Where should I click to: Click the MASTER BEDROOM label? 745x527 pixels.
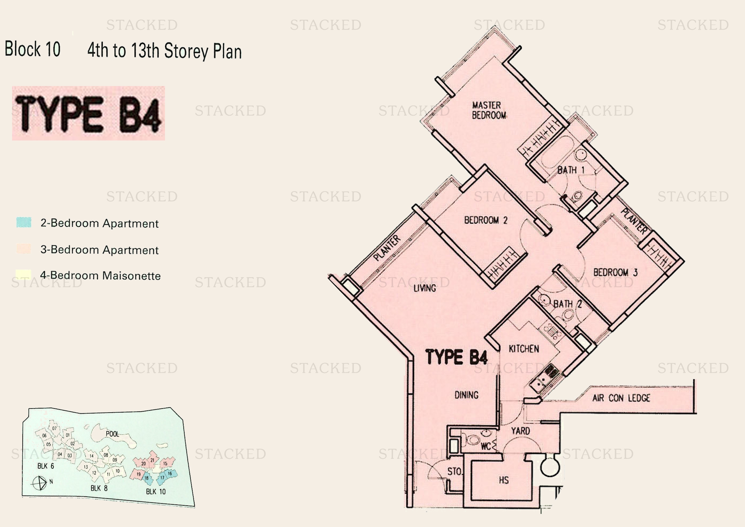click(x=489, y=110)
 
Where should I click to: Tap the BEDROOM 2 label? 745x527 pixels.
click(x=485, y=220)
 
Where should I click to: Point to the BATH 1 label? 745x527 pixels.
click(x=571, y=170)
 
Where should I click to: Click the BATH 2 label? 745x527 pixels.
click(x=567, y=304)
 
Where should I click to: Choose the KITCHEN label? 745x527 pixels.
click(x=524, y=349)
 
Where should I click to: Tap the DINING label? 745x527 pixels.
click(x=466, y=395)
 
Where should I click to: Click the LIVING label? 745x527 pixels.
click(x=424, y=288)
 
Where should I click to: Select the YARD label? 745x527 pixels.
click(x=520, y=431)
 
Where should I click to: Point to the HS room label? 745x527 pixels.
click(x=504, y=480)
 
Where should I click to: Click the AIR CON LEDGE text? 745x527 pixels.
click(x=621, y=398)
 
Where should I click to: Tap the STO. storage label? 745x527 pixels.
click(x=454, y=472)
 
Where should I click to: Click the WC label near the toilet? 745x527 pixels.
click(x=485, y=446)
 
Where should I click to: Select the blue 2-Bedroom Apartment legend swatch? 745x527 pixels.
click(x=24, y=223)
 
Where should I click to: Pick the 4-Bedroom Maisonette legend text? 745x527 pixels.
click(x=100, y=276)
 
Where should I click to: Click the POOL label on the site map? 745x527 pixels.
click(x=112, y=434)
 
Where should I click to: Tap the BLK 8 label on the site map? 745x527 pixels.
click(x=99, y=488)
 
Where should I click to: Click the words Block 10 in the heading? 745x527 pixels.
click(x=32, y=49)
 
